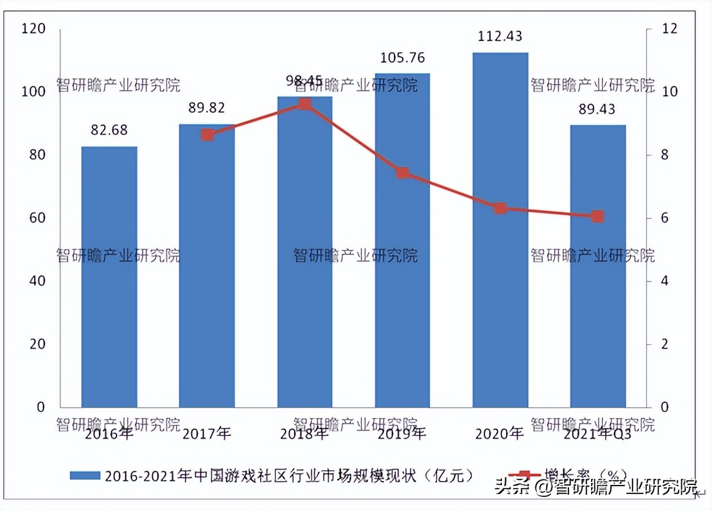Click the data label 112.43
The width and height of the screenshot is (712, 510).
click(500, 36)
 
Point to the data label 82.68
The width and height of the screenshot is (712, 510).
click(109, 130)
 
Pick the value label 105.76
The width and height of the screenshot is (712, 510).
click(403, 57)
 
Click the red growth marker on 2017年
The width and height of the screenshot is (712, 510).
click(207, 135)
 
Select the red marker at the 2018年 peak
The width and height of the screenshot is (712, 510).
click(305, 104)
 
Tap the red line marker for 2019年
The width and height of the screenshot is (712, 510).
click(403, 173)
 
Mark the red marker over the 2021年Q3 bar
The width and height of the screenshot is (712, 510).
click(597, 216)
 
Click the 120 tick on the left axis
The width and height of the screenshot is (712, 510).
click(33, 28)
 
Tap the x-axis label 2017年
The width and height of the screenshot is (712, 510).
click(207, 434)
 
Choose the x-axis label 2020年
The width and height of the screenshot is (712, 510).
click(500, 433)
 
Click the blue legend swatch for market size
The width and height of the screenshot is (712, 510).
click(85, 475)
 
